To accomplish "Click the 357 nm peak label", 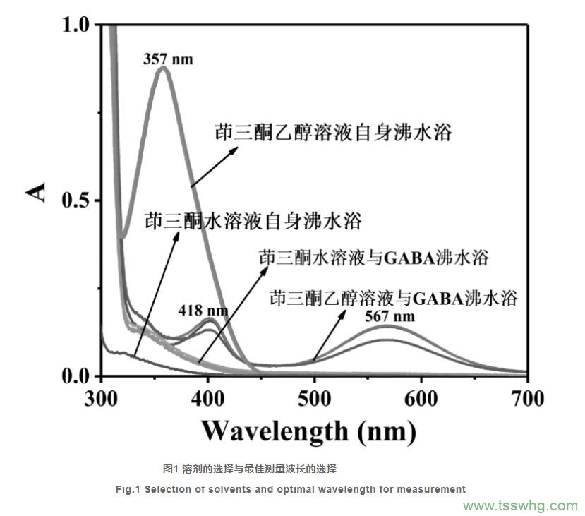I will click(167, 59).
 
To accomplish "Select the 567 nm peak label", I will click(390, 316).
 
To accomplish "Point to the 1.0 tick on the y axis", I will click(78, 25).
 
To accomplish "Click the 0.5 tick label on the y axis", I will click(78, 201).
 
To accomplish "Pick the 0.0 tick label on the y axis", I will click(78, 376).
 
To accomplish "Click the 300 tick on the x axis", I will click(102, 399).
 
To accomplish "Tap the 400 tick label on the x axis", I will click(208, 399).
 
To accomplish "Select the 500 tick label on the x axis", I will click(315, 399).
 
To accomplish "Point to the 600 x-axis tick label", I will click(421, 399).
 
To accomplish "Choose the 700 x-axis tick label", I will click(526, 399).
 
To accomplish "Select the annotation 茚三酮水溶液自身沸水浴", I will click(253, 222).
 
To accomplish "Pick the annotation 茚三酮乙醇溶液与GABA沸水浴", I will click(394, 297).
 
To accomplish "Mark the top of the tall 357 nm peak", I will click(164, 67).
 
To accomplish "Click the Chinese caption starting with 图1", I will click(249, 468).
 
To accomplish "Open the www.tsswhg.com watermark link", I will click(520, 505).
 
